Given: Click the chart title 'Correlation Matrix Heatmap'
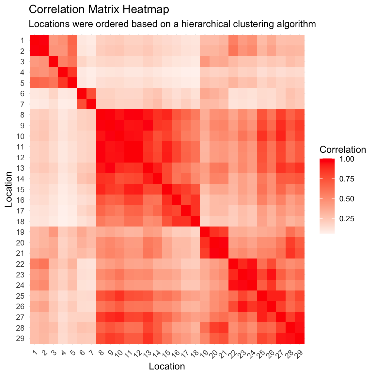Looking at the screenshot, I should [99, 9].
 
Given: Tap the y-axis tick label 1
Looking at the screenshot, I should [22, 40].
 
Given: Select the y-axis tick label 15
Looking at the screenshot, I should [21, 189].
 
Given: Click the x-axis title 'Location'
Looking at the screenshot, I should [167, 366].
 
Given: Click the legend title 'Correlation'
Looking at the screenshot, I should [343, 150].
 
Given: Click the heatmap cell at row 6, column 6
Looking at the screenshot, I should [82, 93].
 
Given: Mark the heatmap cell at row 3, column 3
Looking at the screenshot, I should [53, 61].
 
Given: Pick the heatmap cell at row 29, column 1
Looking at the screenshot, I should [34, 338].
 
